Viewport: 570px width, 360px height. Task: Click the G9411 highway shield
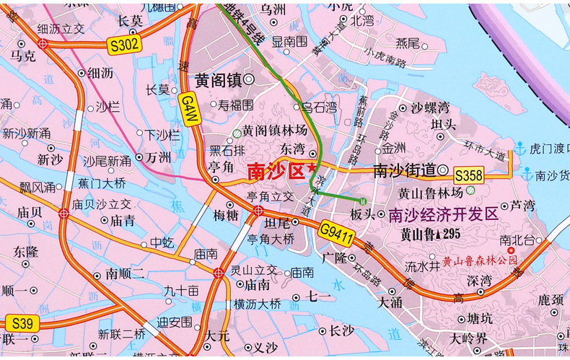pyautogui.click(x=336, y=232)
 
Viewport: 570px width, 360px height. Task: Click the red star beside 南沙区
pyautogui.click(x=311, y=168)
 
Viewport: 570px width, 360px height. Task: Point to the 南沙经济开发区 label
pyautogui.click(x=442, y=214)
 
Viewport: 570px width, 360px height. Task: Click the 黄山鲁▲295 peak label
pyautogui.click(x=430, y=234)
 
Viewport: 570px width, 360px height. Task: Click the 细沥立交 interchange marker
pyautogui.click(x=43, y=43)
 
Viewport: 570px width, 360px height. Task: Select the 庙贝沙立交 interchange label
pyautogui.click(x=101, y=205)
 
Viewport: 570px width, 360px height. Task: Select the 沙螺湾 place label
pyautogui.click(x=429, y=108)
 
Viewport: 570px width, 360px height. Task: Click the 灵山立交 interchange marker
pyautogui.click(x=219, y=273)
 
